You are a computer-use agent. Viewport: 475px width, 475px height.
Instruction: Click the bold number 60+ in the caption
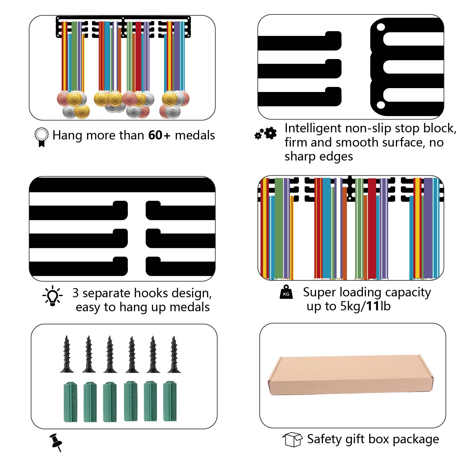pyautogui.click(x=159, y=135)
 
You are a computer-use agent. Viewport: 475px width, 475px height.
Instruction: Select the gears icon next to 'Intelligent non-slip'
pyautogui.click(x=266, y=134)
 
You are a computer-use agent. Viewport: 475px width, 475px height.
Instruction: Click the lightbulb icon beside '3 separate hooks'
pyautogui.click(x=53, y=296)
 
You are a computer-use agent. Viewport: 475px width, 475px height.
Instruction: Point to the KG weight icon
pyautogui.click(x=286, y=292)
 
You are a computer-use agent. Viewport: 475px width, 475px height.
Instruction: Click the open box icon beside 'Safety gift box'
pyautogui.click(x=293, y=439)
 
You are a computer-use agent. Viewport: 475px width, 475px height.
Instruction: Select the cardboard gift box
pyautogui.click(x=351, y=375)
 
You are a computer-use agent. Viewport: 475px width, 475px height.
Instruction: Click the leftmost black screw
pyautogui.click(x=67, y=354)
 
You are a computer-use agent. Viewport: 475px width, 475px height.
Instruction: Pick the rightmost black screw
pyautogui.click(x=174, y=354)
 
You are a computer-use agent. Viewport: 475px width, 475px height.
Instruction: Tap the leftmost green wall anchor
pyautogui.click(x=70, y=402)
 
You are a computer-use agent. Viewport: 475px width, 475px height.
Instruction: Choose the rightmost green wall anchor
pyautogui.click(x=170, y=401)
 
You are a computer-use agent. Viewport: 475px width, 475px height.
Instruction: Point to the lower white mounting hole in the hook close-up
pyautogui.click(x=381, y=105)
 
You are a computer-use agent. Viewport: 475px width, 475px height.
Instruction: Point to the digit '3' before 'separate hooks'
pyautogui.click(x=76, y=293)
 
